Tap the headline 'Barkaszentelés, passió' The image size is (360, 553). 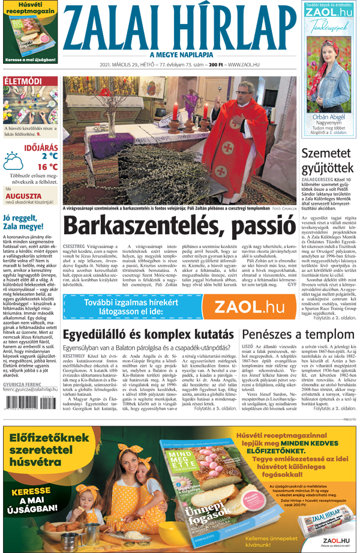[179, 226]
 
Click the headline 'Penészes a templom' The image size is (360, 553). [299, 334]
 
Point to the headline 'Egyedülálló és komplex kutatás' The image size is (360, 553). [148, 334]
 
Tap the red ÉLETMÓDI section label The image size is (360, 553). [23, 81]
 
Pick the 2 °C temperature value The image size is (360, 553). [49, 156]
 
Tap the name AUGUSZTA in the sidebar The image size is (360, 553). [25, 196]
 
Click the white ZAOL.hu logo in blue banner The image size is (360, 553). [240, 306]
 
